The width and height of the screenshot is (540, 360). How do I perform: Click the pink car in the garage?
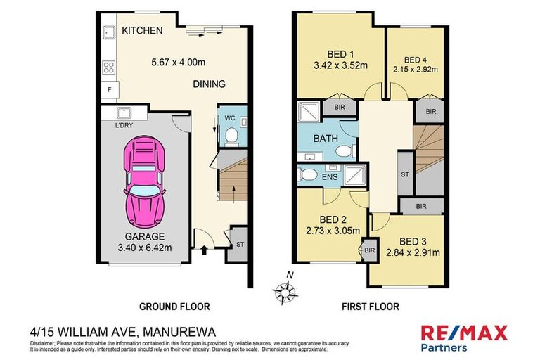(146, 180)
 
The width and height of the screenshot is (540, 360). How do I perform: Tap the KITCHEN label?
(142, 31)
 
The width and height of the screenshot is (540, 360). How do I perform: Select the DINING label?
(210, 84)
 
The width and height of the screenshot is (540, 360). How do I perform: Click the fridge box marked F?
(109, 91)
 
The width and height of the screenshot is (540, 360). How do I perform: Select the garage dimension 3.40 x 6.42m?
(146, 247)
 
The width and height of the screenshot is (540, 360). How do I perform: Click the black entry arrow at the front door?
(205, 248)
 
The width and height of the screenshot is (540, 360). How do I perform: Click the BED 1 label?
(341, 54)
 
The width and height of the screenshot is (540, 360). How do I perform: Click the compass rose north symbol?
(285, 289)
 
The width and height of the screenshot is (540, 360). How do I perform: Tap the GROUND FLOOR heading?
(174, 307)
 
